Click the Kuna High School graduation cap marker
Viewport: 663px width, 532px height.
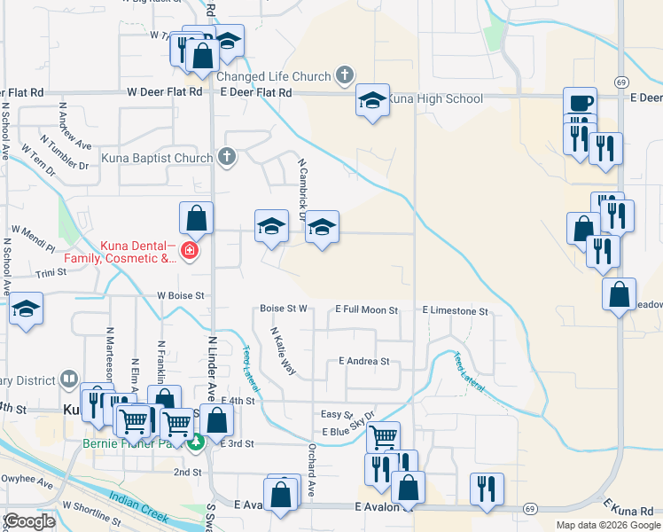372,100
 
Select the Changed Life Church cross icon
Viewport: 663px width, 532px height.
346,75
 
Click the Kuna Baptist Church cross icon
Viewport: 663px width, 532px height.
227,158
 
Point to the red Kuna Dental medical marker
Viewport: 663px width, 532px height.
189,253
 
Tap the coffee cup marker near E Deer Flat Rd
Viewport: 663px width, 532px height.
580,103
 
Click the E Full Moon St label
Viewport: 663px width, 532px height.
366,310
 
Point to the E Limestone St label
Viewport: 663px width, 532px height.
456,311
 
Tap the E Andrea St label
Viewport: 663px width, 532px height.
364,361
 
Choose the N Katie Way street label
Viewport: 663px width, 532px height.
283,350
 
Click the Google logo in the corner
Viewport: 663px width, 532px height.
29,521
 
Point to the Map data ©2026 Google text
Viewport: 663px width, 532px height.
607,525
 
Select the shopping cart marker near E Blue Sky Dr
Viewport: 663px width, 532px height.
383,436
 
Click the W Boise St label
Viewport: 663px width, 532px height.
181,294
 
